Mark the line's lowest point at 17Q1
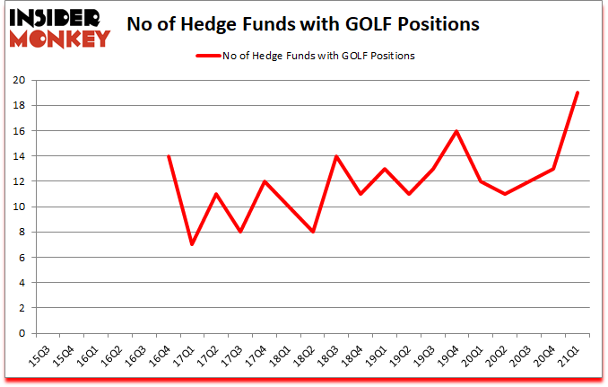tap(191, 244)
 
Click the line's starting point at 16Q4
tap(168, 156)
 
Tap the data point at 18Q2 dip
tap(313, 232)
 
